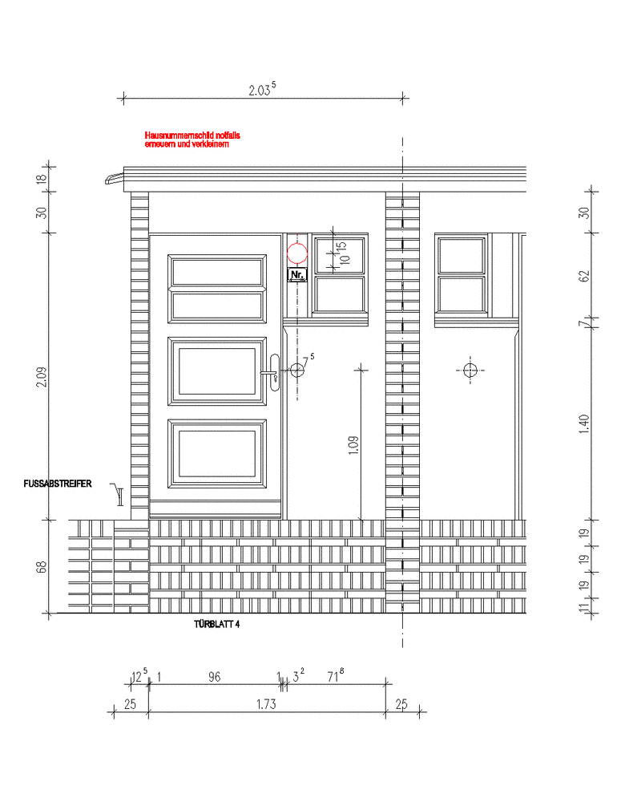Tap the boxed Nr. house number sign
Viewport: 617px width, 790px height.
coord(297,275)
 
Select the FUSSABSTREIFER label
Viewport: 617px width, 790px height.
coord(58,484)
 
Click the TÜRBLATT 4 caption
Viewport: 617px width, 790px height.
coord(217,624)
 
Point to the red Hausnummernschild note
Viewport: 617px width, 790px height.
coord(192,140)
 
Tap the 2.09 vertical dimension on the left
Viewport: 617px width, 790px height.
coord(42,377)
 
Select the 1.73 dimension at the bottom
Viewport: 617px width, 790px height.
coord(266,704)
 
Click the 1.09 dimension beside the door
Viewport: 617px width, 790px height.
coord(353,445)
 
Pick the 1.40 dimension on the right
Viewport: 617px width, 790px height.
coord(584,424)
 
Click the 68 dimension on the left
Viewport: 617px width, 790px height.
coord(42,567)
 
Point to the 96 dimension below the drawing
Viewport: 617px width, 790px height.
coord(215,677)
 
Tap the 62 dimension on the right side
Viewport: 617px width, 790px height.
coord(584,276)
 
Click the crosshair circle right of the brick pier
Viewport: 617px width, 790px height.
coord(470,371)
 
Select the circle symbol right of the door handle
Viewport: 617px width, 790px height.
coord(297,371)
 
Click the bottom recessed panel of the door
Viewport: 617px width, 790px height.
coord(217,453)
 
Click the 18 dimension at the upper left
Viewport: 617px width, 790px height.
coord(42,178)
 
